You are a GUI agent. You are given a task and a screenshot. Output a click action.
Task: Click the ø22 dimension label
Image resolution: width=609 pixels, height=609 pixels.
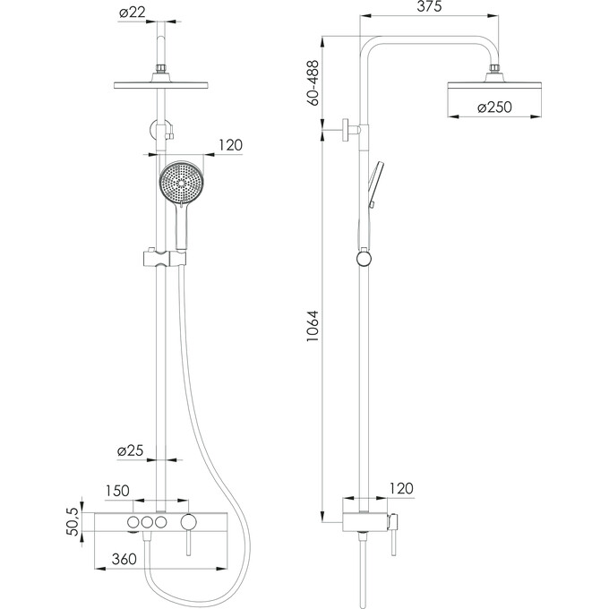click(133, 12)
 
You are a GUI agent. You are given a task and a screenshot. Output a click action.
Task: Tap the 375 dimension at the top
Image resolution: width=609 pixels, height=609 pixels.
click(429, 6)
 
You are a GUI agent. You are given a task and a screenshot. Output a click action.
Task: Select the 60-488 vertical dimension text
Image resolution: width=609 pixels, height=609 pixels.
click(313, 82)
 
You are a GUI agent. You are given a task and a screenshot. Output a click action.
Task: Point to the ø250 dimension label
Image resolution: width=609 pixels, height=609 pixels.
click(494, 107)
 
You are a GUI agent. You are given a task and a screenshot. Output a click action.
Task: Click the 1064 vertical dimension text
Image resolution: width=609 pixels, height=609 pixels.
click(313, 325)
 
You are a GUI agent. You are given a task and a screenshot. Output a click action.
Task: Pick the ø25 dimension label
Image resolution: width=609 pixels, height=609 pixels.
click(131, 450)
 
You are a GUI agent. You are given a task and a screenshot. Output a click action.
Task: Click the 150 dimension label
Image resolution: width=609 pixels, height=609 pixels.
click(117, 491)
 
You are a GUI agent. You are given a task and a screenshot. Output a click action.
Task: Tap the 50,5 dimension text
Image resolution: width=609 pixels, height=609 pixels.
click(73, 521)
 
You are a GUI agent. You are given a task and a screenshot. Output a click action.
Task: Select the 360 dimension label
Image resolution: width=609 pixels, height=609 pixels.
click(124, 559)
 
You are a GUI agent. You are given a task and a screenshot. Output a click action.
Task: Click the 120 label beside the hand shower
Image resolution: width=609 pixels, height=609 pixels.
click(230, 145)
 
